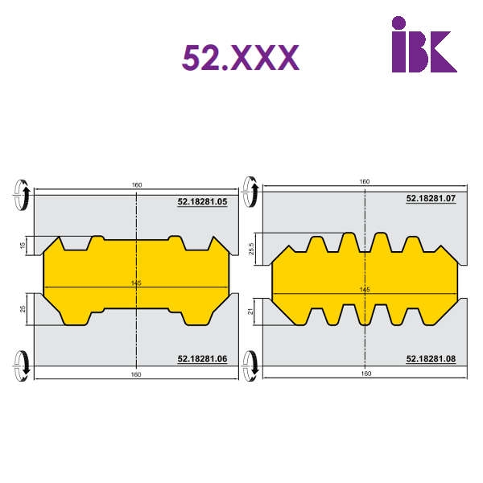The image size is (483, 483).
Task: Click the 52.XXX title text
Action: click(241, 58)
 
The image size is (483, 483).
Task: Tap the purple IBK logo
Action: click(424, 44)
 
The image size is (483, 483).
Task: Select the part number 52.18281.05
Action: click(202, 202)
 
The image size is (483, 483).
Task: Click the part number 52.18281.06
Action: click(202, 359)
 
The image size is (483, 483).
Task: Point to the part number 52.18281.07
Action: click(431, 198)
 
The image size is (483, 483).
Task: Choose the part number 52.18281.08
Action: click(431, 359)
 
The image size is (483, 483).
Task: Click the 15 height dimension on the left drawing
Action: click(23, 246)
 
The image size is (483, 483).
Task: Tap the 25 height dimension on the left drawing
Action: click(23, 309)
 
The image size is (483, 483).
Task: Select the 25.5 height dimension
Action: click(251, 249)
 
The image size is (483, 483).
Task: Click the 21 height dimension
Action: click(251, 312)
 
